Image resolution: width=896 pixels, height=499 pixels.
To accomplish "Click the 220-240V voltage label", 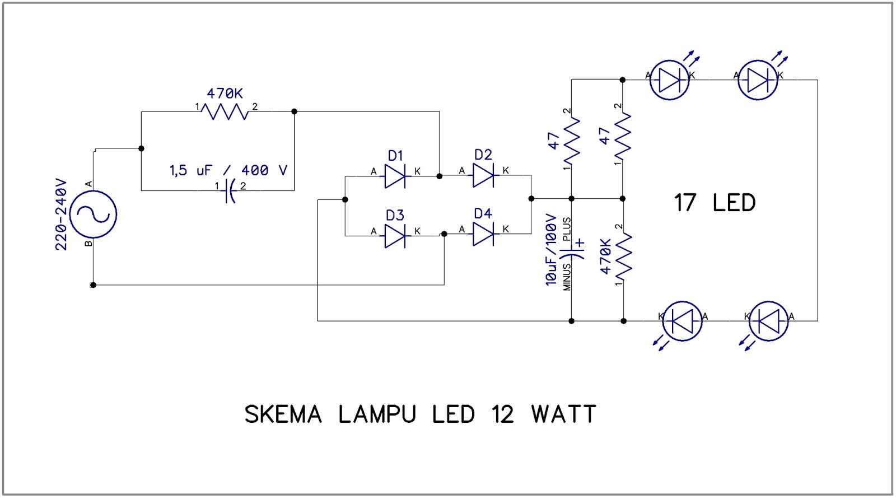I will coord(61,214).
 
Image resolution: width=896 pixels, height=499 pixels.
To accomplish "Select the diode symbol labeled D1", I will coord(395,176).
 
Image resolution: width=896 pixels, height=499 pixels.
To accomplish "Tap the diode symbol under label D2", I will coord(483,176).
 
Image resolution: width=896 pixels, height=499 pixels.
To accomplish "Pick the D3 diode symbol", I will coord(395,236).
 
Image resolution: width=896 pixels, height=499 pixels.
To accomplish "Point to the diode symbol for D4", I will coord(483,234).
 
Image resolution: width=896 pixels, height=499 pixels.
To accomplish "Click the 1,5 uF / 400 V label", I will coord(228,170).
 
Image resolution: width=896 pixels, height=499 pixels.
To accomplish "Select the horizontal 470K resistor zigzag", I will coord(226,111).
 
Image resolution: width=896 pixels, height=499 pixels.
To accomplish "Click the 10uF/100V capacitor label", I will coord(552,250).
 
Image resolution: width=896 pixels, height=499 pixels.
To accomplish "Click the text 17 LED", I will coord(714,203).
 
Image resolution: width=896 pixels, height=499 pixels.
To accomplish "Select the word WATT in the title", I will coord(563,414).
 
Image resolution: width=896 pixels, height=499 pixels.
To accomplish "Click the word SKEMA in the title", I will coord(283,414).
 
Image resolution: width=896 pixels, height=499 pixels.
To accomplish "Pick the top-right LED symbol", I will coord(758,80).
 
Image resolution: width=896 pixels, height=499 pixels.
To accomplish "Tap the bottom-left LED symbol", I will coord(682,321).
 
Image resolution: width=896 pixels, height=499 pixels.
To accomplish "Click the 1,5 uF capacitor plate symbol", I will coord(230,191).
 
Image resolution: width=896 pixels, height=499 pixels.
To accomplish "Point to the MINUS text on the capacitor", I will coord(567,277).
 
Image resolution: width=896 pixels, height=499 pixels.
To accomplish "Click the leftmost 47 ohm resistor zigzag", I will coord(571,139).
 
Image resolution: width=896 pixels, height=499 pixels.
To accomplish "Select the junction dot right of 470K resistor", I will coord(295,111).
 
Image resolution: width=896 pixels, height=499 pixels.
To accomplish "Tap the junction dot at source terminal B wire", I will coord(93,285).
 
